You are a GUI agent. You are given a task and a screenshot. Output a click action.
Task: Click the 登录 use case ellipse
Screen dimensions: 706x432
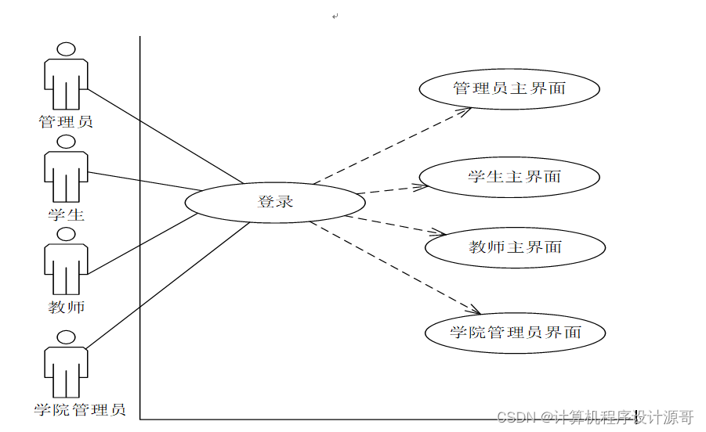[x=275, y=202]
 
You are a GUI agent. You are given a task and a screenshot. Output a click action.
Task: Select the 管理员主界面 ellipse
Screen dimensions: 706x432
[x=509, y=88]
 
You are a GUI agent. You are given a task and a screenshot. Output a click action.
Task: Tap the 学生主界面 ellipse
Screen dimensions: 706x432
[x=509, y=177]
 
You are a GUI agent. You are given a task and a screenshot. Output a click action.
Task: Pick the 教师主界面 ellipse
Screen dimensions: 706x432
[x=515, y=247]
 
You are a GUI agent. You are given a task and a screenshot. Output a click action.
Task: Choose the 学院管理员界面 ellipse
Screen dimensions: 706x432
[x=515, y=333]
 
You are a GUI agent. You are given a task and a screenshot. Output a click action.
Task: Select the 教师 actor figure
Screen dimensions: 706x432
[x=66, y=262]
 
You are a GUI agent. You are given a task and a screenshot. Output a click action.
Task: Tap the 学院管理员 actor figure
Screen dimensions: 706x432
[x=66, y=365]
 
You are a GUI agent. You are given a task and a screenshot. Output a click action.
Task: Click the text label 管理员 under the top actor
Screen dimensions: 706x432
[x=66, y=122]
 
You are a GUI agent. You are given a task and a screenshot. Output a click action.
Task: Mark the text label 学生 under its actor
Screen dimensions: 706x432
[x=66, y=214]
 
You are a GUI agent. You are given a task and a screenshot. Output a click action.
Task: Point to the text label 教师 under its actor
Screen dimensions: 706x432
[x=66, y=308]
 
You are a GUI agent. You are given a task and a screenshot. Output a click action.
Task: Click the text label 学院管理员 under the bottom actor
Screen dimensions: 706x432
[x=80, y=409]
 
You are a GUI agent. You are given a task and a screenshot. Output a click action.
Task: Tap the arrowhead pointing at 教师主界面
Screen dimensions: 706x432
[x=440, y=232]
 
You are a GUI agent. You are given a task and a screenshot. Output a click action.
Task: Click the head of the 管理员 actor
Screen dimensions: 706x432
[x=67, y=49]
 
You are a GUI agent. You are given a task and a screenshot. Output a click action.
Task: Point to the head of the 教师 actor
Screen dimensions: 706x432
[x=67, y=234]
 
